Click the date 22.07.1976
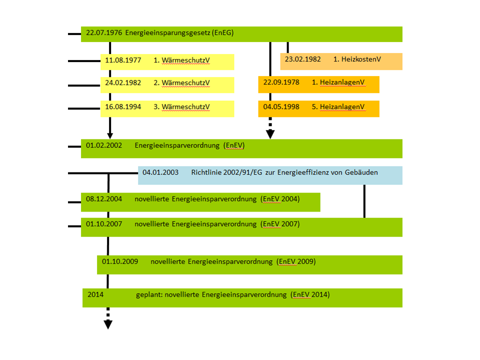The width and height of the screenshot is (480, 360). (104, 33)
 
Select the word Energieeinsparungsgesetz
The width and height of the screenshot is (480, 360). (168, 33)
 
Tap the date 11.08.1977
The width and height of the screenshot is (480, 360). (123, 60)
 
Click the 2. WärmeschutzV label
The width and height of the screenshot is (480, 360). (181, 83)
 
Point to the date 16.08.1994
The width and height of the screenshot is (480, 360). (123, 107)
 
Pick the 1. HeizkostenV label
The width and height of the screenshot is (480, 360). (357, 59)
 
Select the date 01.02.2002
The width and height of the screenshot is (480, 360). (104, 145)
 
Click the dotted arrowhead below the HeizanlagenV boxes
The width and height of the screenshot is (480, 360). (270, 133)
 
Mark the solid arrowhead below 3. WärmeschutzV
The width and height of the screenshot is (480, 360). (110, 135)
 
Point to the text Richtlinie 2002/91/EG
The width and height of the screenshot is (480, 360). (227, 172)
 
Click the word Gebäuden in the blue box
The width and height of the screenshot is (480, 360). (361, 172)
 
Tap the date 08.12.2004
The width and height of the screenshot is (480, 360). (104, 199)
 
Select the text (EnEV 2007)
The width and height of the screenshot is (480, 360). (280, 224)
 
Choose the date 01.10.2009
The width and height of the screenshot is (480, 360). (120, 261)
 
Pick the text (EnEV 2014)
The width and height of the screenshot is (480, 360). (310, 295)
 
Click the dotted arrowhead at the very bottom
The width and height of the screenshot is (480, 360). (107, 324)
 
